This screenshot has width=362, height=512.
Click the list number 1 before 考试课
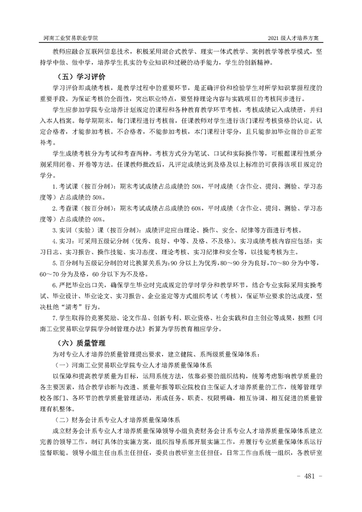click(x=54, y=187)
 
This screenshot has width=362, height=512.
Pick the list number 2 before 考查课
click(x=54, y=208)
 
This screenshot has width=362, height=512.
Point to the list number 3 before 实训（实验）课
click(x=54, y=230)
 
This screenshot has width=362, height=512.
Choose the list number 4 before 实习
click(x=54, y=240)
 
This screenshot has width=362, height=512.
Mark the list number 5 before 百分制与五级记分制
click(x=54, y=262)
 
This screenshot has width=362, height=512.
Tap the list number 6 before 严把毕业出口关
click(x=54, y=284)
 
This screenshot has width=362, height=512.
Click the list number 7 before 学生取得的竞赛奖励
click(x=54, y=317)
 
